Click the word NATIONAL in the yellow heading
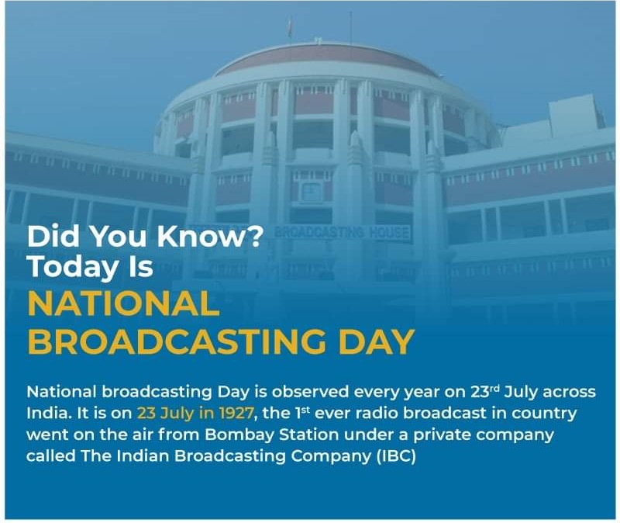click(x=123, y=303)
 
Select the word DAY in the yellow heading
click(x=377, y=341)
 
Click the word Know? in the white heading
click(x=210, y=236)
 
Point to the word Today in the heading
click(x=73, y=267)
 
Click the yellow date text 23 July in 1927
click(x=195, y=414)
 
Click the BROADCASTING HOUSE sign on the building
click(x=342, y=232)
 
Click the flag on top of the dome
click(x=290, y=27)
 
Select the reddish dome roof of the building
click(x=326, y=60)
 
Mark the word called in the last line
click(x=50, y=456)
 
